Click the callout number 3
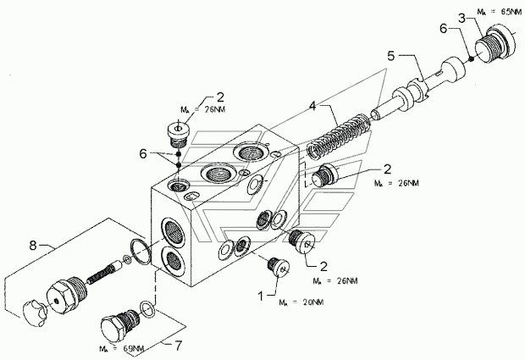click(462, 18)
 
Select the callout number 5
click(391, 56)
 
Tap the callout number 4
click(312, 107)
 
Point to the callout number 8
click(32, 246)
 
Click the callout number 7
click(179, 346)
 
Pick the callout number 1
click(261, 296)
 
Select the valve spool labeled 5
click(417, 89)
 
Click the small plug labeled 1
click(279, 268)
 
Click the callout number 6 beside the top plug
click(143, 154)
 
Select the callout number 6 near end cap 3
click(443, 29)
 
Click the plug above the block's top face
click(178, 135)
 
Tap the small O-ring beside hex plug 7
click(147, 308)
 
